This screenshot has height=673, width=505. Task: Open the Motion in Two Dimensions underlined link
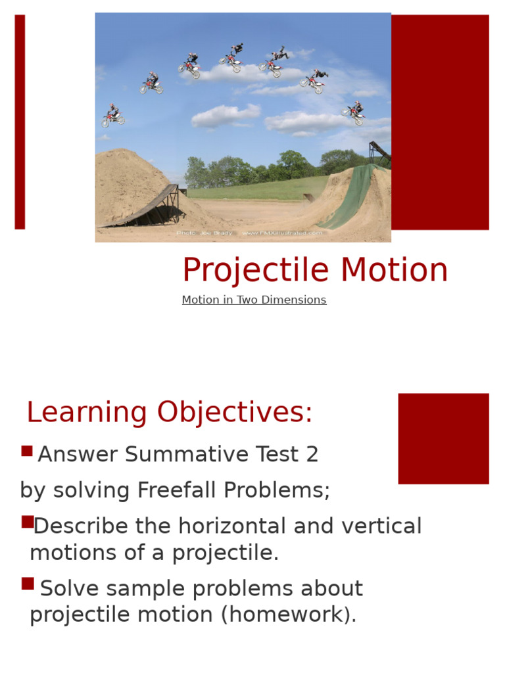[254, 300]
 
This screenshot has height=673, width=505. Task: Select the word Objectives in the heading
[235, 413]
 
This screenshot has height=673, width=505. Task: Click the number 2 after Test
[312, 454]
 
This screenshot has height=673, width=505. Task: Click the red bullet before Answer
[27, 451]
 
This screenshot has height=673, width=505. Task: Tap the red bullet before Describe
[27, 522]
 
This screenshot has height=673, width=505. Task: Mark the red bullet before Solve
[27, 584]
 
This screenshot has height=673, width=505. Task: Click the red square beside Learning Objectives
[443, 438]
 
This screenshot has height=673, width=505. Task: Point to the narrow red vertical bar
[20, 122]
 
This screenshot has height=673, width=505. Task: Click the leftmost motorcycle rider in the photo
[113, 116]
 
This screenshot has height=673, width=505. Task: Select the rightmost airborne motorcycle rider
[354, 113]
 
